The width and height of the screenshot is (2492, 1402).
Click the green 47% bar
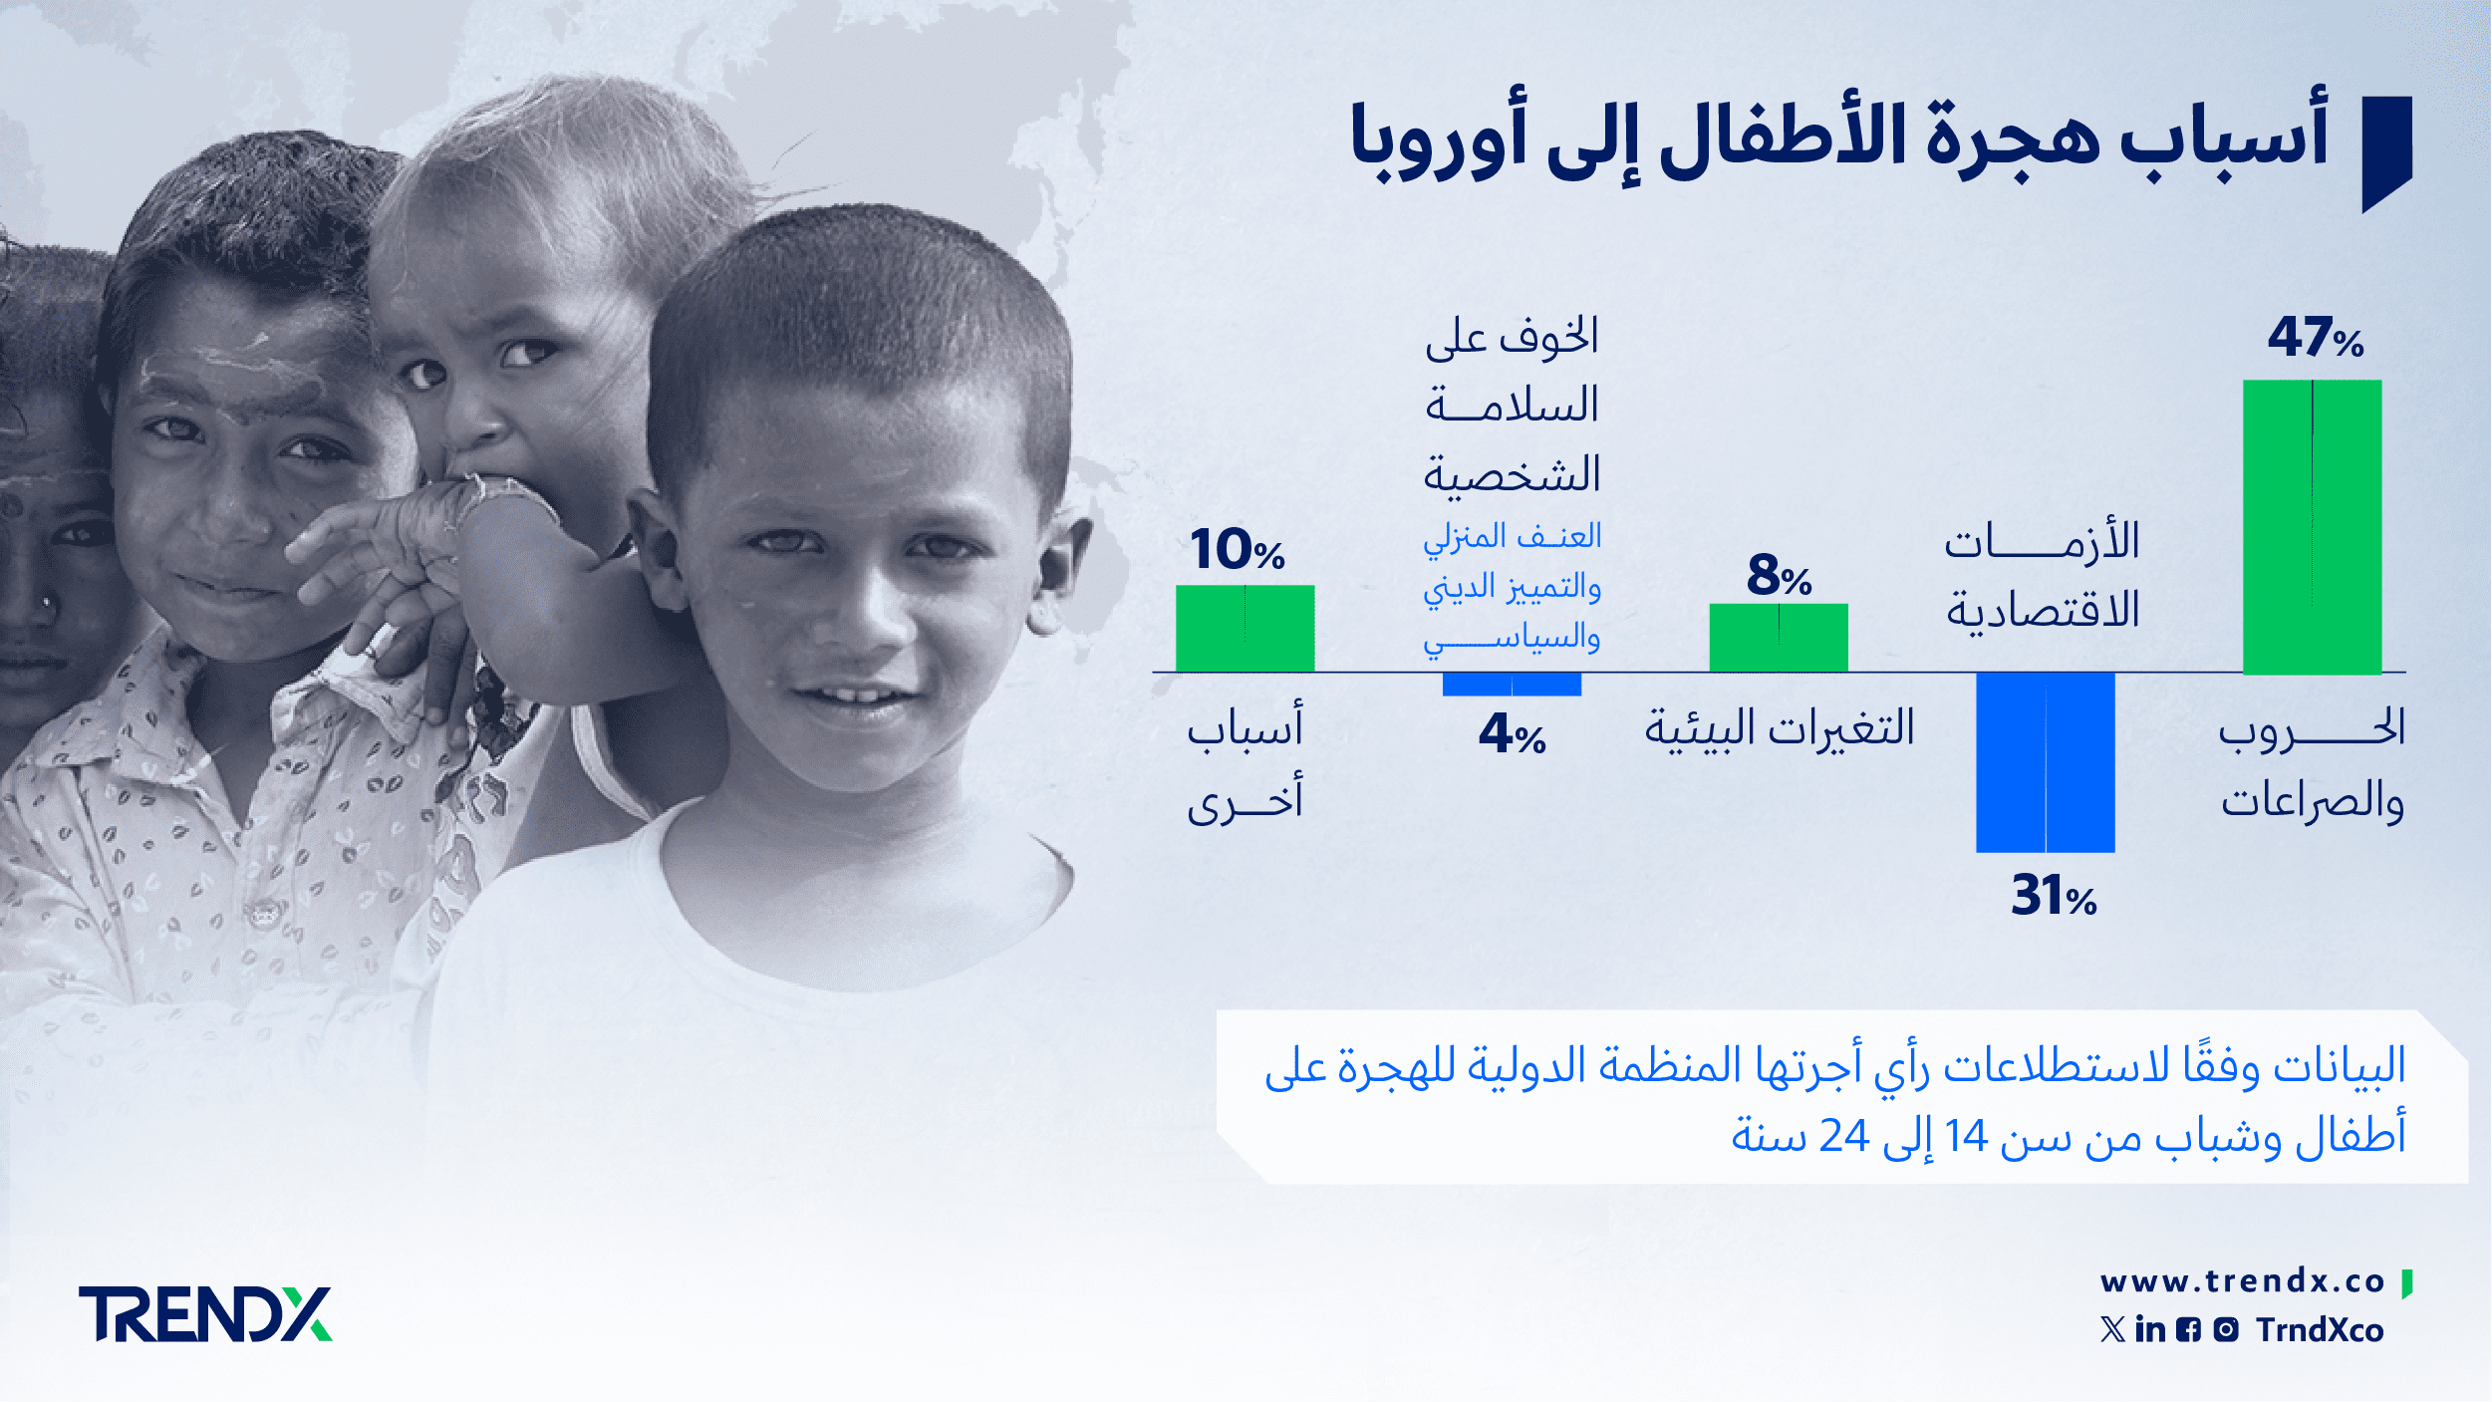pos(2312,527)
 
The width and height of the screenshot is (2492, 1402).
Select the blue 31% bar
pos(2046,762)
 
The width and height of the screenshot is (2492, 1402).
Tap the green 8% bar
pos(1779,638)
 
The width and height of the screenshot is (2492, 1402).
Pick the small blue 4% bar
pos(1512,685)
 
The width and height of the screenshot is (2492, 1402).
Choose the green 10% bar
pos(1245,629)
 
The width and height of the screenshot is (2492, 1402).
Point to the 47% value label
pos(2316,337)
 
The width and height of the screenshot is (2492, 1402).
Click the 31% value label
pos(2054,895)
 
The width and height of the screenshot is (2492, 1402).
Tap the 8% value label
pos(1779,576)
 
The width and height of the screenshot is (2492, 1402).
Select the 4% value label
pos(1512,733)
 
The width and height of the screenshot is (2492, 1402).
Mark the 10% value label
pos(1237,549)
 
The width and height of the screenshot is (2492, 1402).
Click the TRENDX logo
pos(205,1313)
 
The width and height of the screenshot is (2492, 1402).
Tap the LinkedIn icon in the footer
pos(2150,1329)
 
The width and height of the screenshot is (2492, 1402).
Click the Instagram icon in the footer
pos(2226,1329)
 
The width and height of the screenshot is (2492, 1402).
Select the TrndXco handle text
pos(2320,1329)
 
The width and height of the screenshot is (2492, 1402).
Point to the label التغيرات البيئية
pos(1780,728)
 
